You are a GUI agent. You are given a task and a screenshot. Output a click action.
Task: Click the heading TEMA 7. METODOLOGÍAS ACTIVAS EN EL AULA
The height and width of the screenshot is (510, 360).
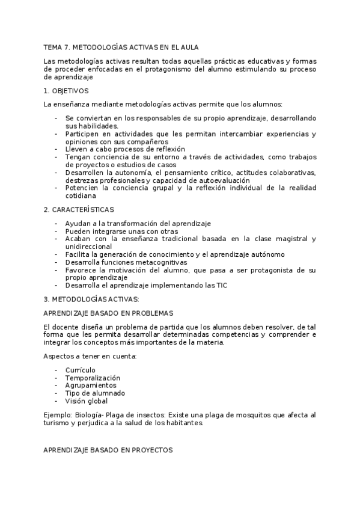[x=121, y=46]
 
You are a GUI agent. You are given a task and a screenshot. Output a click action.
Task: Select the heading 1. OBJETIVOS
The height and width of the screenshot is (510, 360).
[x=66, y=91]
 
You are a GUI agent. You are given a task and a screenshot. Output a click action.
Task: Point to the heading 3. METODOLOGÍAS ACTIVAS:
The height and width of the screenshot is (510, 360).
[x=91, y=299]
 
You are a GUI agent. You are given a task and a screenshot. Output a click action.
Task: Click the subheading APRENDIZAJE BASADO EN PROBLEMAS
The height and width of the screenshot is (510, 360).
[x=109, y=313]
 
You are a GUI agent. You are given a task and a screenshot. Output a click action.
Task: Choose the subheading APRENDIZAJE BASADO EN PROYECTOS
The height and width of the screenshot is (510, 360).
[x=108, y=449]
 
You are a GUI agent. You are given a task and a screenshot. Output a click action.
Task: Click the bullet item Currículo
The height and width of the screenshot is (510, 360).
[x=81, y=370]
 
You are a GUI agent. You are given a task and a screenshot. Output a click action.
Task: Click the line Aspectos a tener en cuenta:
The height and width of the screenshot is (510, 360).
[x=90, y=356]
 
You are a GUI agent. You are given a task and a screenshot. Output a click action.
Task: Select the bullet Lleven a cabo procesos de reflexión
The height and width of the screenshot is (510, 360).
[x=125, y=149]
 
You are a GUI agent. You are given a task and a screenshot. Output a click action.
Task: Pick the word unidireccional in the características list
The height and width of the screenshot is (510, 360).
[x=89, y=247]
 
